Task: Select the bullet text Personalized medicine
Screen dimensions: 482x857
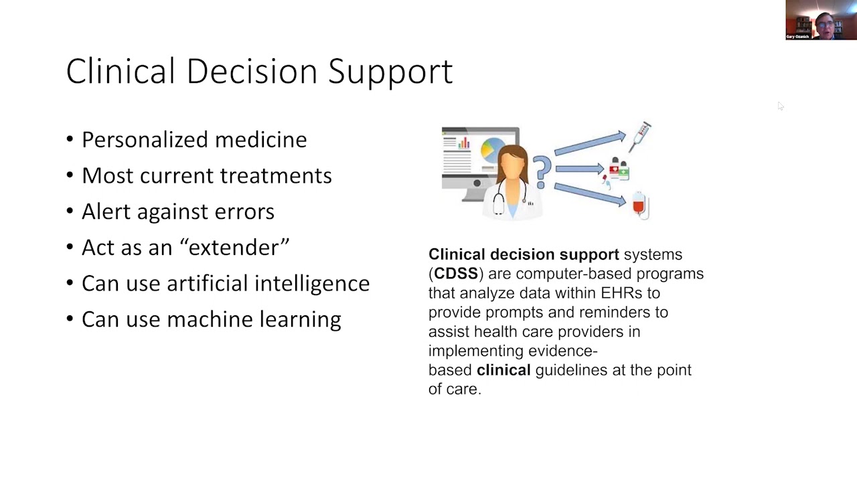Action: point(194,139)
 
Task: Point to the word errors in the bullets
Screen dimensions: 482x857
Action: point(244,212)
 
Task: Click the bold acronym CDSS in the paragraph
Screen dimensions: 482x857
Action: point(456,274)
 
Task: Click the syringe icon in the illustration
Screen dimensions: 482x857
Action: point(639,135)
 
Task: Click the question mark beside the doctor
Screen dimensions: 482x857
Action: point(542,171)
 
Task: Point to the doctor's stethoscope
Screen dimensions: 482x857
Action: point(499,200)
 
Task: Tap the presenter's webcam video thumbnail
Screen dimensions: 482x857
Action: point(821,20)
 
